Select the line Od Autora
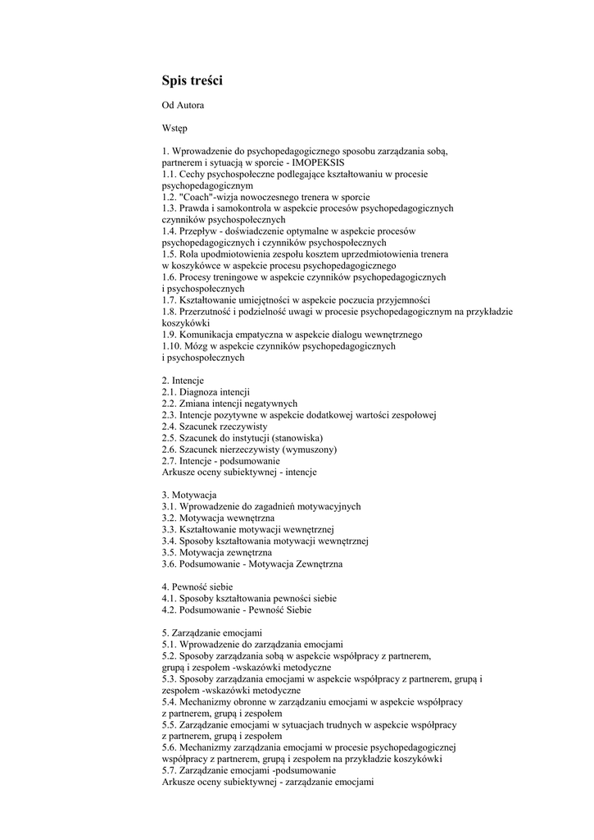(183, 105)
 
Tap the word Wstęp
(175, 128)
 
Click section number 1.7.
(170, 300)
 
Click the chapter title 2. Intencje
(183, 381)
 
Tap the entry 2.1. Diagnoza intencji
(206, 392)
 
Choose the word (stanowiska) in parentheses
(296, 438)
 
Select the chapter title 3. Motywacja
(188, 495)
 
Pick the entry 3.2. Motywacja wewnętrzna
(218, 518)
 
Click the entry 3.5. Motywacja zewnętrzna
(217, 553)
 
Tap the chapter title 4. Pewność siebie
(197, 587)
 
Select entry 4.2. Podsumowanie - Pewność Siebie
(236, 610)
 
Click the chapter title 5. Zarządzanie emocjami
(212, 632)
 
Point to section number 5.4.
(170, 702)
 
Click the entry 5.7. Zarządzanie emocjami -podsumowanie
(249, 771)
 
